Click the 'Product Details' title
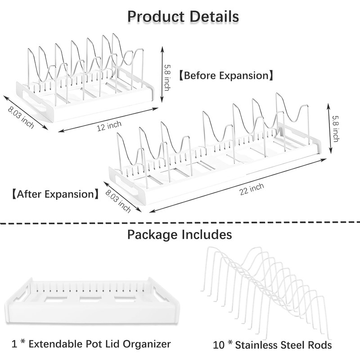(183, 17)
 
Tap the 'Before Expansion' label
(226, 75)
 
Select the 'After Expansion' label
(55, 194)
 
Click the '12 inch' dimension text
(109, 126)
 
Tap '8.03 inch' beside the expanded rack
(118, 201)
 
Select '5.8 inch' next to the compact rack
(167, 77)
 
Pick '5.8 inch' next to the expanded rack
(336, 128)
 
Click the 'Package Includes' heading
(180, 234)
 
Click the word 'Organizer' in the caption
(147, 344)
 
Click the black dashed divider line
(180, 222)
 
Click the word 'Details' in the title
(215, 17)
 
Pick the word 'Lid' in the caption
(112, 344)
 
